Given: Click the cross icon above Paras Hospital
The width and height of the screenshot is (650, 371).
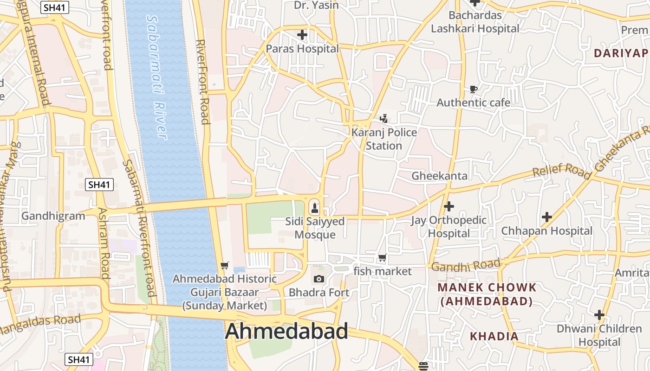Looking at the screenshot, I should tap(302, 35).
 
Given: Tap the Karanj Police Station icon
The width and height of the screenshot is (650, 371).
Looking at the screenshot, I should tap(383, 119).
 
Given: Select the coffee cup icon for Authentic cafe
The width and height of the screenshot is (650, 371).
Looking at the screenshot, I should tap(473, 89).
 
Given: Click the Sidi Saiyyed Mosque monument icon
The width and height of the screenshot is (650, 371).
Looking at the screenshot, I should tap(315, 207).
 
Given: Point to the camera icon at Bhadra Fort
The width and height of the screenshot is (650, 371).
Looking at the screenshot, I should tap(318, 279).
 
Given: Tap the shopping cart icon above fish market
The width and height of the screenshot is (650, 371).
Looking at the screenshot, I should tap(382, 258).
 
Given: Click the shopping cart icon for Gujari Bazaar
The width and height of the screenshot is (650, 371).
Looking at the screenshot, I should tap(225, 265).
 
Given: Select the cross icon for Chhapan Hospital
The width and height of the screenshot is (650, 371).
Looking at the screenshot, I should tap(547, 217).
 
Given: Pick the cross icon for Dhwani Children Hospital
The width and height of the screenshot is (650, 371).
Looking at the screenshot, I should tap(599, 315).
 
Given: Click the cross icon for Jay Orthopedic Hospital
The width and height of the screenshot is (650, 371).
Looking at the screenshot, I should tap(448, 206).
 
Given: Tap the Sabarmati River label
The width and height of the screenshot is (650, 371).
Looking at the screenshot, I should tap(156, 77).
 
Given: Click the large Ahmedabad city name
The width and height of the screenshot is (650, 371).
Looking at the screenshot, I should tap(286, 332).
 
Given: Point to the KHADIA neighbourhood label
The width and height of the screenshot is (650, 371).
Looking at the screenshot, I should tap(494, 336).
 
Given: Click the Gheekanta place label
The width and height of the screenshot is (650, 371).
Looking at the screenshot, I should tap(439, 176).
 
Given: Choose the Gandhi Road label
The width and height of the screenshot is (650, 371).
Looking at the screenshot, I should tap(466, 266).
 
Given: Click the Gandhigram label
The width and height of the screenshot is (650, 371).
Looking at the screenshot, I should tap(53, 216).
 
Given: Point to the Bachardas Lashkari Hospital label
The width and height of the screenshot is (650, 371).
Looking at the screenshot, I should tap(475, 22).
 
